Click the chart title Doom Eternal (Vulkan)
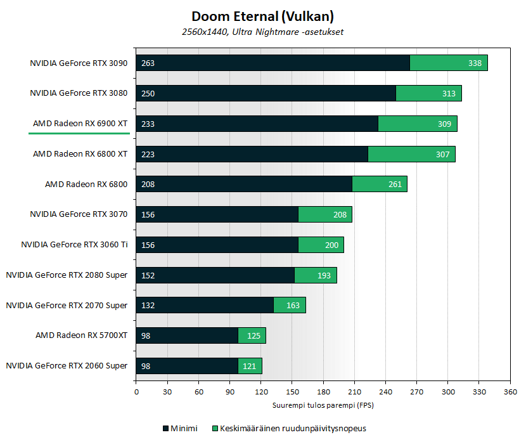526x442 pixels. click(x=262, y=16)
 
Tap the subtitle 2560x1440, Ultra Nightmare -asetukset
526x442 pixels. click(x=262, y=31)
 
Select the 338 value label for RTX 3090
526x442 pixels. click(x=475, y=63)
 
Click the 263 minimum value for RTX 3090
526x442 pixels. click(x=148, y=63)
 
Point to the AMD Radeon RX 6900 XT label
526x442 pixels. click(x=80, y=124)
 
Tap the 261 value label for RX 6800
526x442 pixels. click(x=394, y=185)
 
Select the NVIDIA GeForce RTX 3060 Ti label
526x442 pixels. click(x=74, y=245)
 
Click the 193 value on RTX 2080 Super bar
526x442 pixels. click(x=324, y=275)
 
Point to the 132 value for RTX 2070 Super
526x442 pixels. click(x=148, y=306)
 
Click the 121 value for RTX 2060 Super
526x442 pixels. click(x=250, y=366)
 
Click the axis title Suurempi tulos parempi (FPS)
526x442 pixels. click(x=323, y=405)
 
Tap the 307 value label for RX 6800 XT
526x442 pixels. click(x=442, y=154)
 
